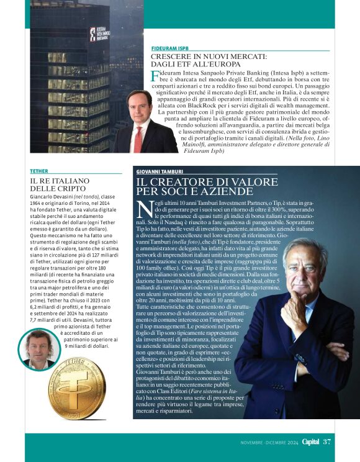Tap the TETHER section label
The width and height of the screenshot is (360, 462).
[x=38, y=170]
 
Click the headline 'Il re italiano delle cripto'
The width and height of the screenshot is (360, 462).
[x=53, y=184]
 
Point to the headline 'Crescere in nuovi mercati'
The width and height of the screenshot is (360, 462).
[x=209, y=60]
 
